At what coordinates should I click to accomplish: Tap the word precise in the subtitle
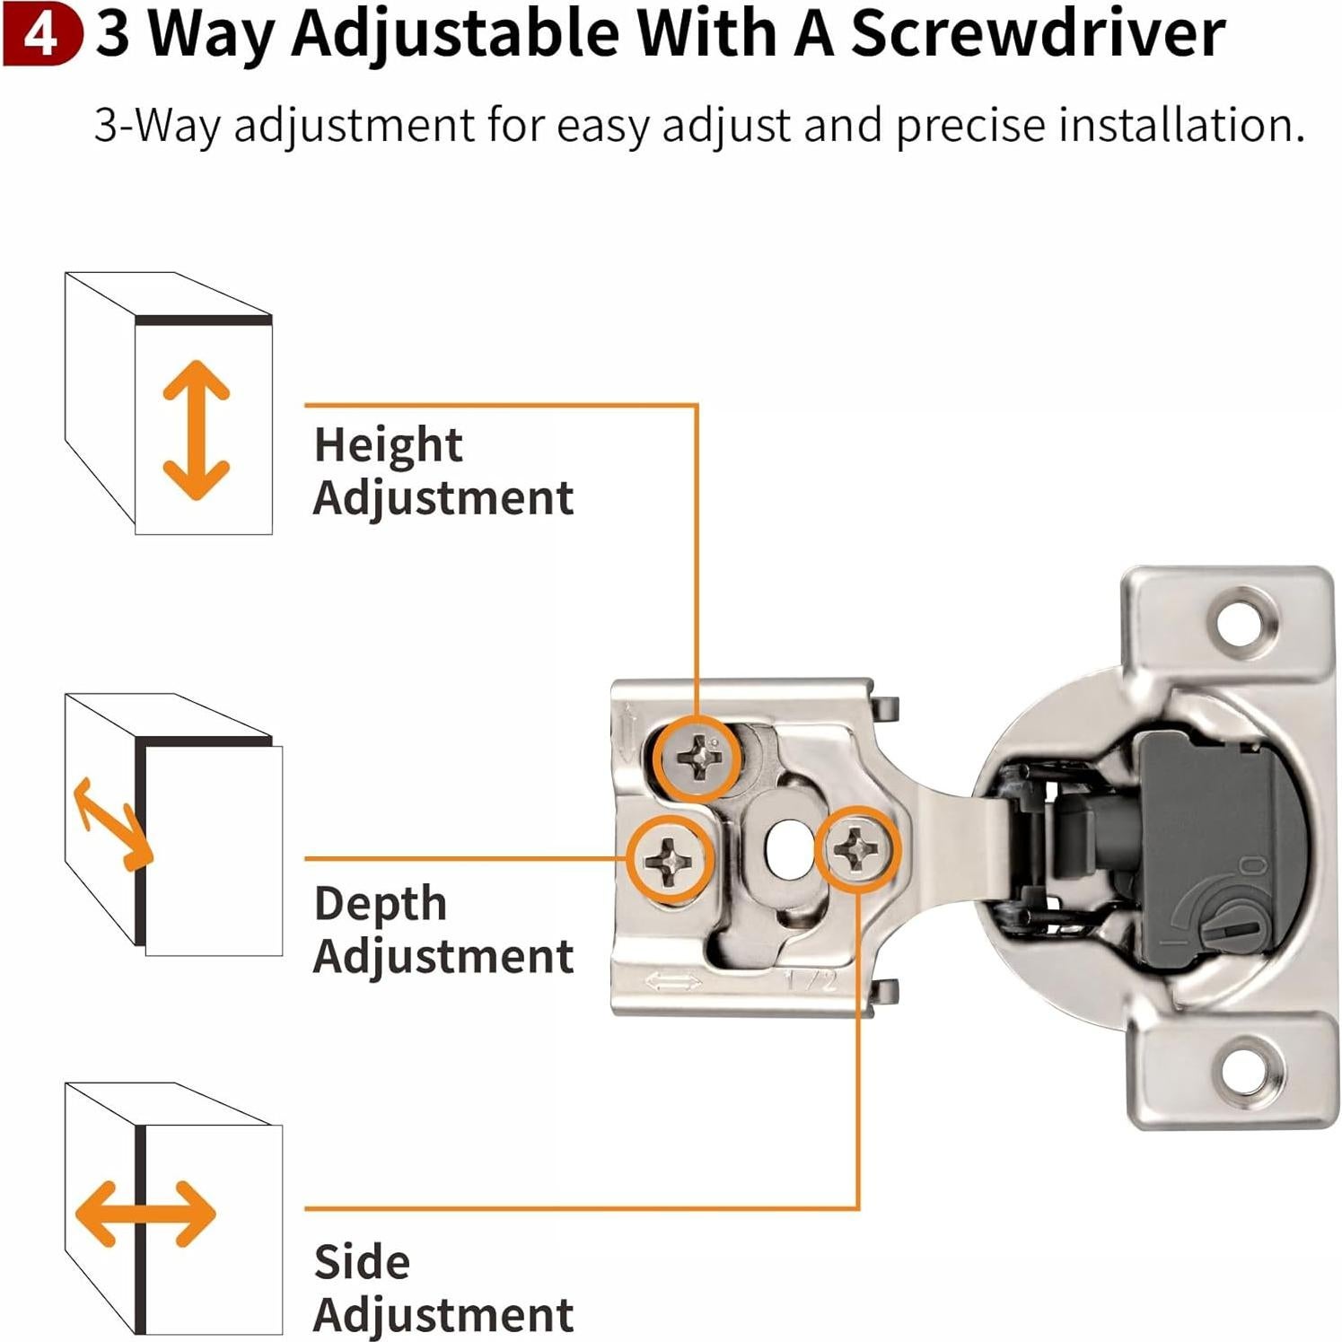click(970, 125)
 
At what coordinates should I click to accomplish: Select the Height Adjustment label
click(443, 471)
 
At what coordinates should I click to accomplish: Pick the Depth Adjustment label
click(443, 930)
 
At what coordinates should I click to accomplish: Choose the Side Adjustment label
click(443, 1289)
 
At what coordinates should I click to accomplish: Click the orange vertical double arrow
click(196, 430)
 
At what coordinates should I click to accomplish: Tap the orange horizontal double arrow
click(145, 1214)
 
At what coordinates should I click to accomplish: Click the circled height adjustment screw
click(698, 759)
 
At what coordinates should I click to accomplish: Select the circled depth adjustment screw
click(671, 860)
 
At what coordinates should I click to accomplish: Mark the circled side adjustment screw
click(857, 848)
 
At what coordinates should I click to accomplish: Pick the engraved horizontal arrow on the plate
click(673, 983)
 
